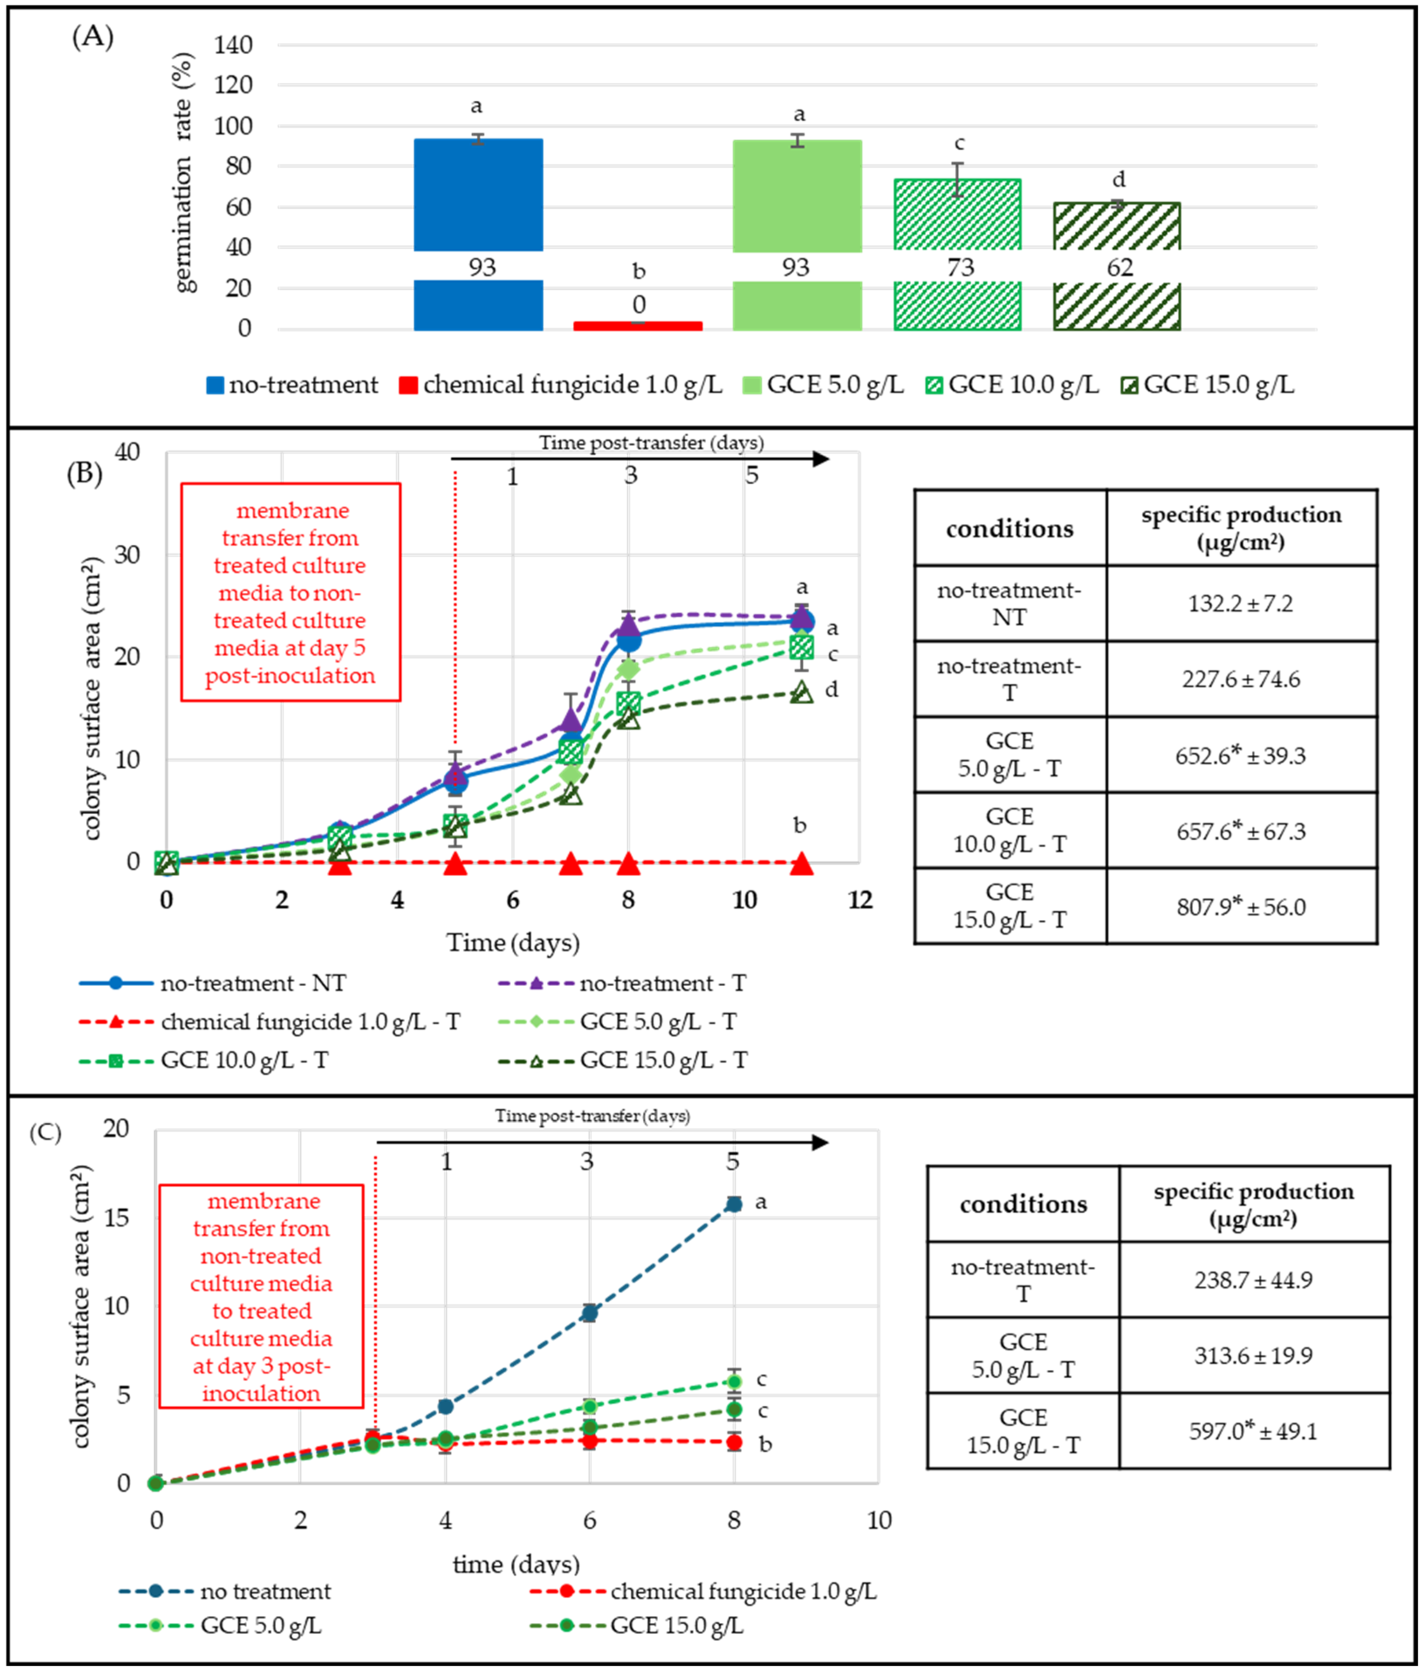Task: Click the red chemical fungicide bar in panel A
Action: click(x=637, y=325)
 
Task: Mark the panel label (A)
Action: click(x=92, y=36)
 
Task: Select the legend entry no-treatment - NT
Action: click(x=213, y=983)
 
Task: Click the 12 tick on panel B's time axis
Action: click(x=860, y=900)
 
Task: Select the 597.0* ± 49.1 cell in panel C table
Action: click(x=1253, y=1431)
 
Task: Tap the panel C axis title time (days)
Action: click(x=516, y=1564)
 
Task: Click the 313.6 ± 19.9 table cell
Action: click(x=1253, y=1355)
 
